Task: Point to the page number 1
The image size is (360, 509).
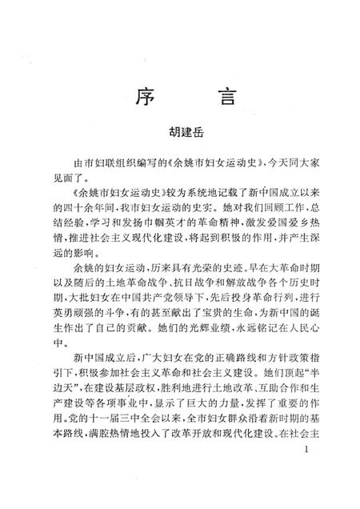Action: pos(307,474)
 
